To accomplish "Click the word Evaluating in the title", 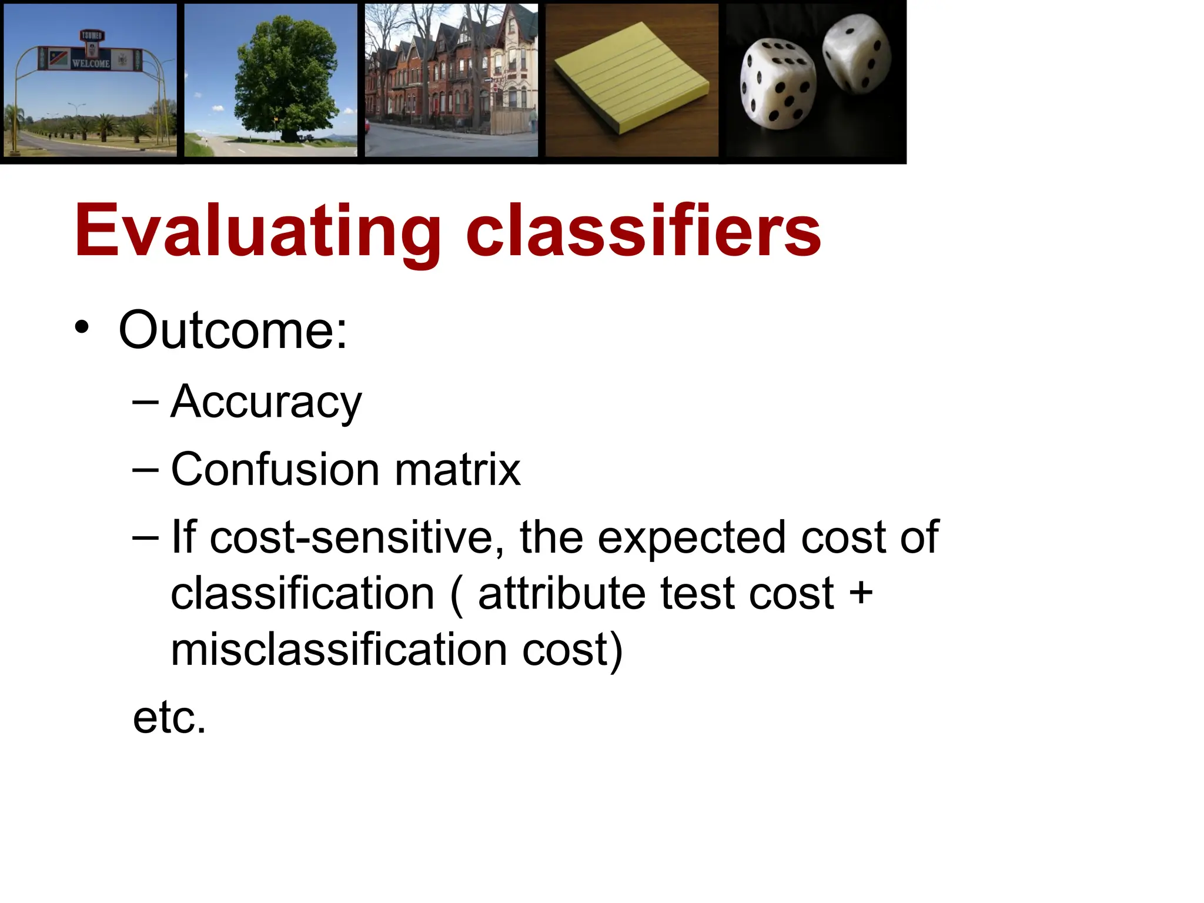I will coord(257,231).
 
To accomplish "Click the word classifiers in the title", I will coord(643,231).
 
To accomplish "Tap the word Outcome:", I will coord(233,330).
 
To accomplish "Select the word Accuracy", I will coord(266,403).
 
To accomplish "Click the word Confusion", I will coord(275,470).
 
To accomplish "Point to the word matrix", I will coord(457,470).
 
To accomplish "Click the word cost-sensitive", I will coord(353,537).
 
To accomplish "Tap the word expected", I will coord(691,537).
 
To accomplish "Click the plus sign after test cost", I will coord(861,593).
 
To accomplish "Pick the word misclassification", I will coord(339,650).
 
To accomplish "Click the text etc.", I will coord(169,718).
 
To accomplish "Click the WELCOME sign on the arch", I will coord(91,63).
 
